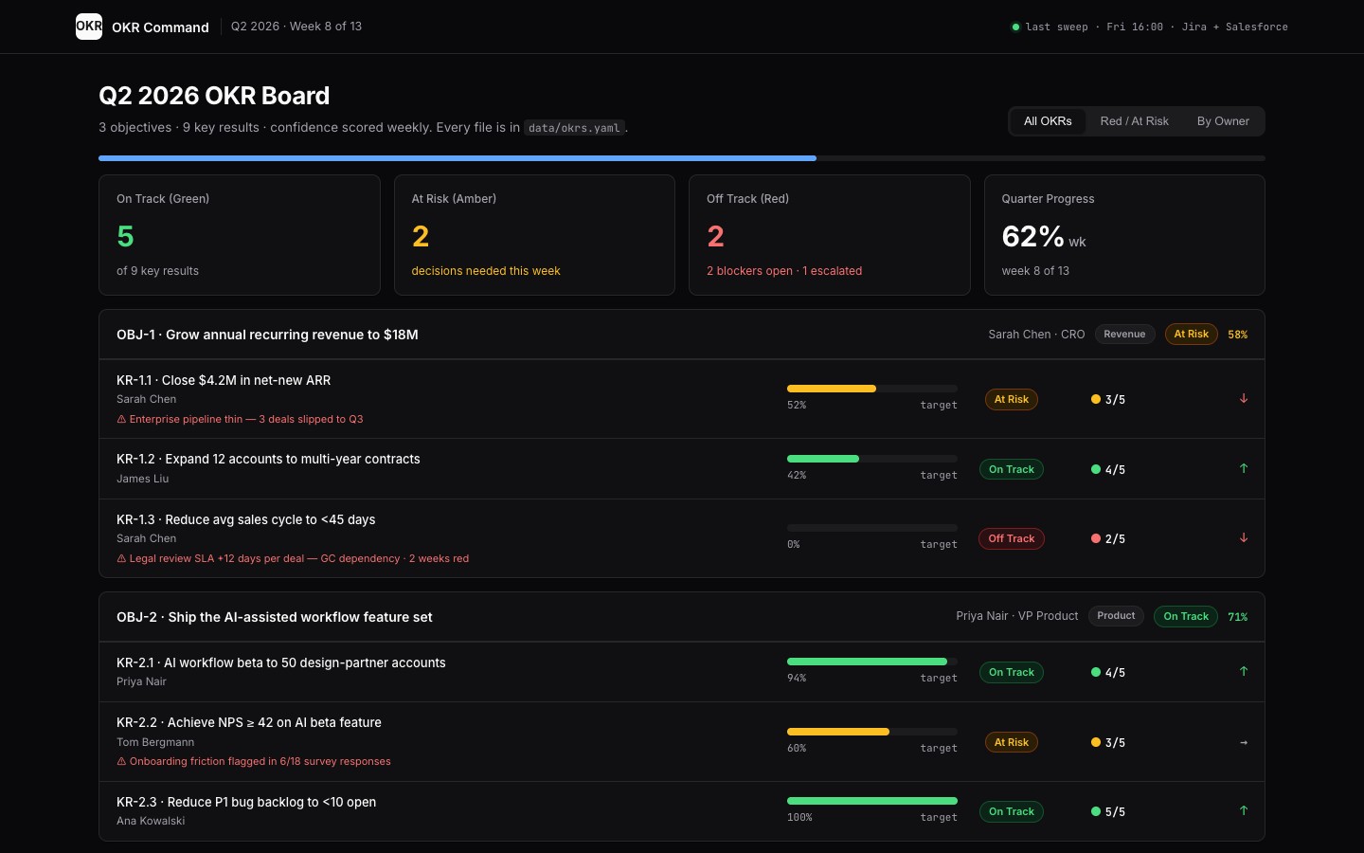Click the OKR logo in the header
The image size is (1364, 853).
click(x=89, y=27)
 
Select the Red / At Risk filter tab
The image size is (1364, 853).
click(x=1134, y=121)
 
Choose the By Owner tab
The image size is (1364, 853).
click(x=1223, y=121)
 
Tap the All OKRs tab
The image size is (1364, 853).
click(x=1048, y=121)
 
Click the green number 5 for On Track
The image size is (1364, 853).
click(x=125, y=236)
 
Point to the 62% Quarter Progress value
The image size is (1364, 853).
click(x=1032, y=236)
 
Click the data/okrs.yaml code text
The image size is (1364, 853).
click(x=574, y=128)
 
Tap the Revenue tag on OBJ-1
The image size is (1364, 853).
click(x=1124, y=334)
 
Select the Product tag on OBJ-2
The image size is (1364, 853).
click(x=1116, y=616)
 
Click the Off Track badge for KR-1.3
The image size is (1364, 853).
click(x=1011, y=538)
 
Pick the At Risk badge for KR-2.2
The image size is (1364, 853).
click(x=1011, y=742)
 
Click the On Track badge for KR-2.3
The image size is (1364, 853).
click(x=1011, y=811)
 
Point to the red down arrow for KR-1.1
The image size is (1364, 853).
click(x=1244, y=398)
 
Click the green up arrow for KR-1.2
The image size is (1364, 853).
click(x=1244, y=468)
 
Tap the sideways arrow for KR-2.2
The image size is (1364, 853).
click(x=1244, y=743)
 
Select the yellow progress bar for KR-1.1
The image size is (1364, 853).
click(x=832, y=389)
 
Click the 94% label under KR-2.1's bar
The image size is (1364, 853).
click(x=797, y=679)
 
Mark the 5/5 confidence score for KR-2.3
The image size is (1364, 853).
click(x=1115, y=811)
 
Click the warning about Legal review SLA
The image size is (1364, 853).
click(x=293, y=559)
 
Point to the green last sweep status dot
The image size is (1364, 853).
click(x=1015, y=27)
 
